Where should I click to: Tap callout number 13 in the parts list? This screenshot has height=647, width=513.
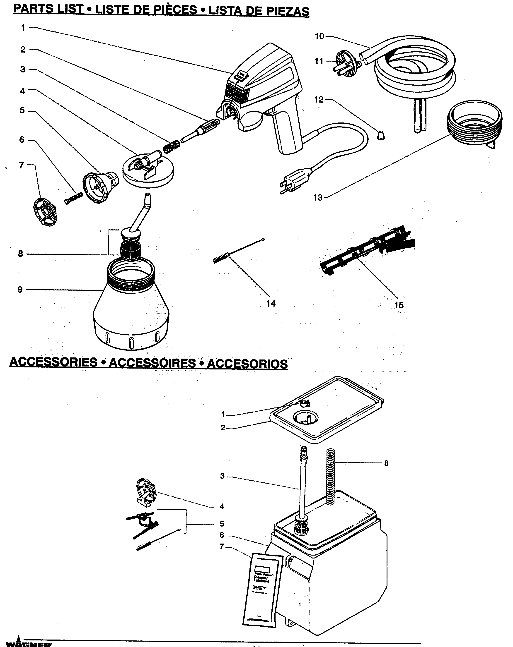click(318, 198)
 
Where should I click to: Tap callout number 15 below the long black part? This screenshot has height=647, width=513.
click(399, 305)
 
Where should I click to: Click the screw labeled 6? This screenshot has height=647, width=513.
click(73, 198)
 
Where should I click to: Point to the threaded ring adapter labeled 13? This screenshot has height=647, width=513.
click(474, 125)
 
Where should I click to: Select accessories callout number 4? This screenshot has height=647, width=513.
click(222, 507)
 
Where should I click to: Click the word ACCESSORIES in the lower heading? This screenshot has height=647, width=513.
click(53, 362)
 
